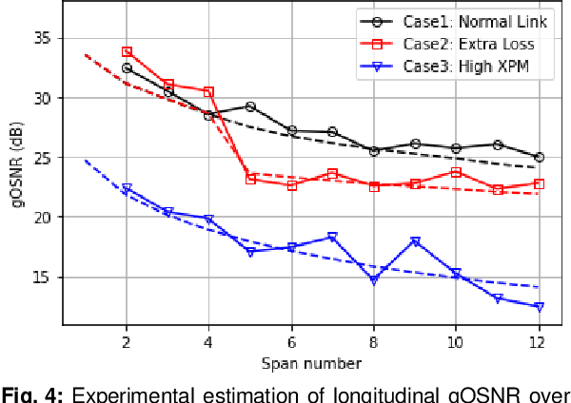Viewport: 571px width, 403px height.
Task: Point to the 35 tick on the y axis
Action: [42, 38]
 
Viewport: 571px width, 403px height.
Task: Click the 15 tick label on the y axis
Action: [42, 277]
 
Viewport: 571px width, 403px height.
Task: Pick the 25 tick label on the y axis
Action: [42, 158]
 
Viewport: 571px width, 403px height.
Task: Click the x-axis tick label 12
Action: [539, 341]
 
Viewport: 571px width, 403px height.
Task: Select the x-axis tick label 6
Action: [291, 341]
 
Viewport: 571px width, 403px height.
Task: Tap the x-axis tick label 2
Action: [127, 341]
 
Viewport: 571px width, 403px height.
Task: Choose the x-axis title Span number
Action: [312, 362]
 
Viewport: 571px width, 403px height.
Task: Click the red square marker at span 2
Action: [127, 51]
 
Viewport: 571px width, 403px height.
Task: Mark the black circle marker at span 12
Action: [539, 157]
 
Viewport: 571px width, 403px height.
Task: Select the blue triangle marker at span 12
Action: [539, 307]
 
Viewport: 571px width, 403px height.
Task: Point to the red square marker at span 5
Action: [250, 179]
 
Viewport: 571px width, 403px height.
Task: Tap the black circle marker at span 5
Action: [250, 106]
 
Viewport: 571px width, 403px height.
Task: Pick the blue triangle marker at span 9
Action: [415, 241]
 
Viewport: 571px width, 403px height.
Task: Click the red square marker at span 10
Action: [457, 172]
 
